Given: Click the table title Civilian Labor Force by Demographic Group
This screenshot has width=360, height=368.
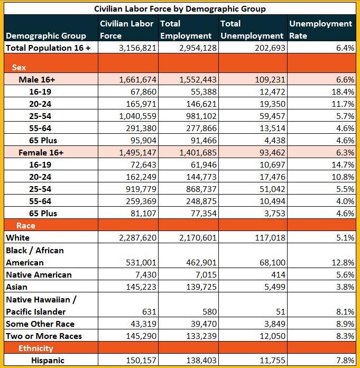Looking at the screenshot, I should click(x=180, y=8).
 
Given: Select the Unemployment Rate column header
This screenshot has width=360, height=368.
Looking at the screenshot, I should click(x=320, y=30).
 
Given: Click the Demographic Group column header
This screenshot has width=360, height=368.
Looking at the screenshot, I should click(x=46, y=36).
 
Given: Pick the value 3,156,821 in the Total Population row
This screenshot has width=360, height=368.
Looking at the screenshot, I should click(x=135, y=48).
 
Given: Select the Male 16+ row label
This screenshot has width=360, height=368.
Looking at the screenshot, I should click(x=37, y=79).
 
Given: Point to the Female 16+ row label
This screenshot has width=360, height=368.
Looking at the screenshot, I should click(x=41, y=152).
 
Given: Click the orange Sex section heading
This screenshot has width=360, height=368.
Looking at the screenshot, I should click(x=19, y=68).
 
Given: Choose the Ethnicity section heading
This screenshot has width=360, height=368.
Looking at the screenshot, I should click(x=35, y=348).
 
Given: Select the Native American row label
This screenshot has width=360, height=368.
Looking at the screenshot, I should click(x=39, y=275).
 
